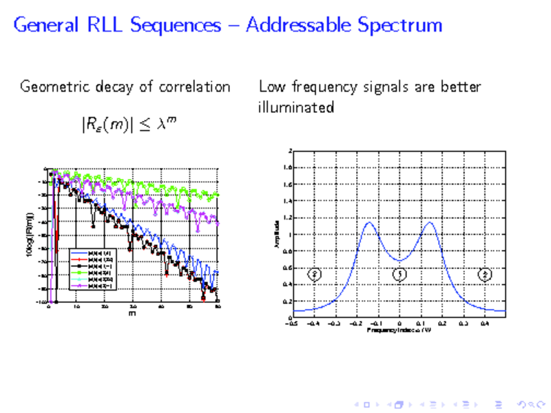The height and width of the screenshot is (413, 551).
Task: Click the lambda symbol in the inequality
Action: tap(163, 125)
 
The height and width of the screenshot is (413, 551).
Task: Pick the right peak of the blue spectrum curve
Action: tap(430, 222)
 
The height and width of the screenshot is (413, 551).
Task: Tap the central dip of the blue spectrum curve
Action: tap(399, 261)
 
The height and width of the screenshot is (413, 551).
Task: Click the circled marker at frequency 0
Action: tap(399, 275)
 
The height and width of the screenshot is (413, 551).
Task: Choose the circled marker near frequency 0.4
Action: tap(486, 275)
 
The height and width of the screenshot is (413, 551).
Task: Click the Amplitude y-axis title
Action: tap(276, 234)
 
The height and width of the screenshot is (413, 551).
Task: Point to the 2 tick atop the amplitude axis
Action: tap(290, 151)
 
